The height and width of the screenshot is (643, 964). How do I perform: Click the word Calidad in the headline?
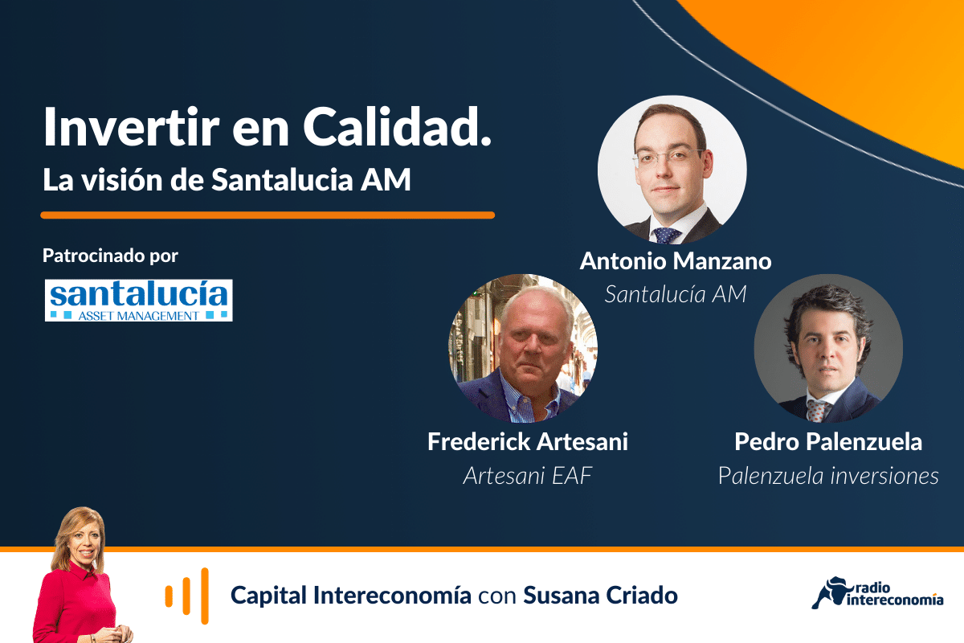(x=397, y=128)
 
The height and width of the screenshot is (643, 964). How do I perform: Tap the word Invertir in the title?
(x=131, y=128)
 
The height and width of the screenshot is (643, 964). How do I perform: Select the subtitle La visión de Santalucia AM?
(x=227, y=179)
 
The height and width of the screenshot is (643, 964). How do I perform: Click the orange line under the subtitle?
(x=268, y=215)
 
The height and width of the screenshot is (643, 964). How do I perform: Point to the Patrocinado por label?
(x=110, y=256)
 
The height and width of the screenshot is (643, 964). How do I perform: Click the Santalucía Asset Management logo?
(x=138, y=300)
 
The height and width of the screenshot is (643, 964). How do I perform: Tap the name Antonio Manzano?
(x=676, y=261)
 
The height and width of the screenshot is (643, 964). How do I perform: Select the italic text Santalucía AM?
(x=676, y=294)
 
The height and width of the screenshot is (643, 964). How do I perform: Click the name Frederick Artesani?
(x=528, y=442)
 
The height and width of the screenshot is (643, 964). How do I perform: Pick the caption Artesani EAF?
(x=528, y=476)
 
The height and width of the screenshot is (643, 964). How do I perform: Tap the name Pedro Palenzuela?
(x=828, y=442)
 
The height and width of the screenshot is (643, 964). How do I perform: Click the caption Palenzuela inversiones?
(x=828, y=476)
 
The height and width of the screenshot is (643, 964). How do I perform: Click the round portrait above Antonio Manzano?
(x=672, y=170)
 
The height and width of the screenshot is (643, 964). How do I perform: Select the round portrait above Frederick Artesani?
(x=523, y=348)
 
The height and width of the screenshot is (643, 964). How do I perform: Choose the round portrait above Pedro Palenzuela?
(x=828, y=348)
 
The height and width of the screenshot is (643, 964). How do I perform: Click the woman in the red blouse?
(x=80, y=577)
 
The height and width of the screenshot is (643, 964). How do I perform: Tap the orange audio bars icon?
(x=186, y=596)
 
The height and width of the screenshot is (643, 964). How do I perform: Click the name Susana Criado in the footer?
(x=600, y=596)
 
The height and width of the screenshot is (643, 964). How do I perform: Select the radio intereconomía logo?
(x=877, y=592)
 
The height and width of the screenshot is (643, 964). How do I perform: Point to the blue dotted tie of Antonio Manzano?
(x=666, y=235)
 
